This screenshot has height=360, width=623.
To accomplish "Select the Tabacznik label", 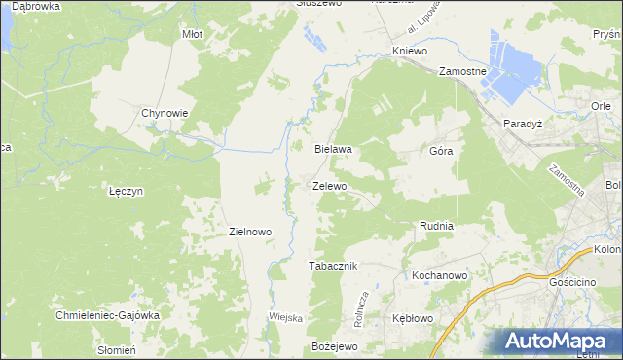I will click(334, 266).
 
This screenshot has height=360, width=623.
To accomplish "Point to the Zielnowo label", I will click(249, 233).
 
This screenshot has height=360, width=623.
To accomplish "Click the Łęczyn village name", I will click(127, 192).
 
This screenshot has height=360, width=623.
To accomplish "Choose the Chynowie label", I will click(165, 113).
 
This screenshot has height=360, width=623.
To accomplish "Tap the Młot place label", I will click(193, 34).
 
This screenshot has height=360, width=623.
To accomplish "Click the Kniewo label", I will click(410, 50).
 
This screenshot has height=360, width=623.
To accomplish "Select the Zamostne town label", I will click(462, 72).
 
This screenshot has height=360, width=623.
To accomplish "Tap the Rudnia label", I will click(436, 226).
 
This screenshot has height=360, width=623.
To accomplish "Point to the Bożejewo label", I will click(335, 346).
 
